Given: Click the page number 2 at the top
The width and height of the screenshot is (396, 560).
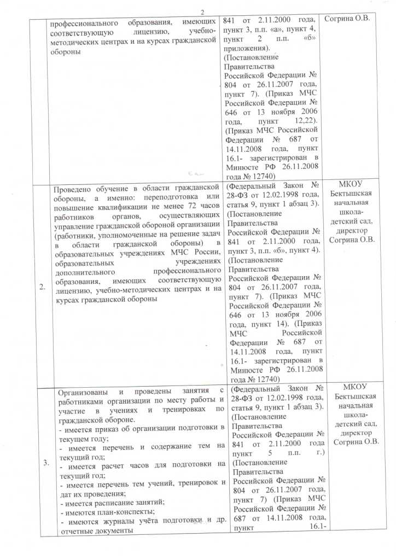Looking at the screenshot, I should click(x=202, y=13).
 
